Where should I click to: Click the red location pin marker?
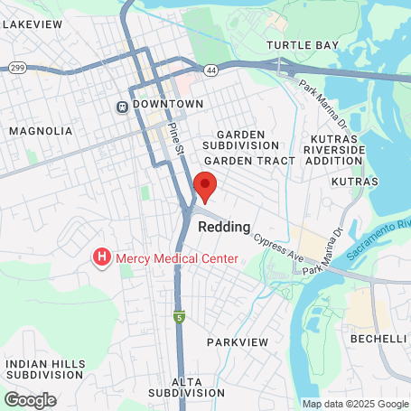click(x=206, y=186)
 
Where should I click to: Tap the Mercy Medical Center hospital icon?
click(x=102, y=258)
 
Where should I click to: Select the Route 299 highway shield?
click(x=16, y=68)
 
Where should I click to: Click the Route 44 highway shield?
click(x=211, y=69)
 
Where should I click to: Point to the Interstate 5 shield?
click(x=181, y=317)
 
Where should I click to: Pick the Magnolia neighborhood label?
click(x=41, y=131)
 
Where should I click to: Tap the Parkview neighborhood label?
click(x=238, y=342)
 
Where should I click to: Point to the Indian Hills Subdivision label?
click(x=46, y=369)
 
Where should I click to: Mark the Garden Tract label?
click(x=257, y=160)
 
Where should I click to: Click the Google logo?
click(x=30, y=398)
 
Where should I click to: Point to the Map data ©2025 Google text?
click(x=355, y=404)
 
